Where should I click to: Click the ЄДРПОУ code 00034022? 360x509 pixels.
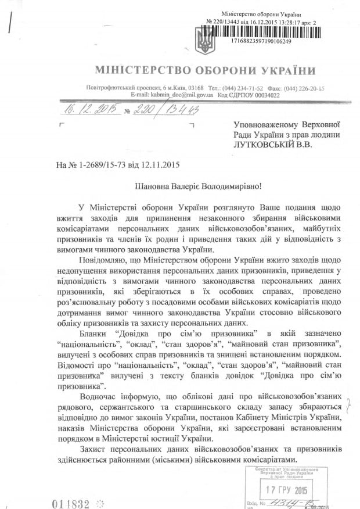[264, 94]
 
